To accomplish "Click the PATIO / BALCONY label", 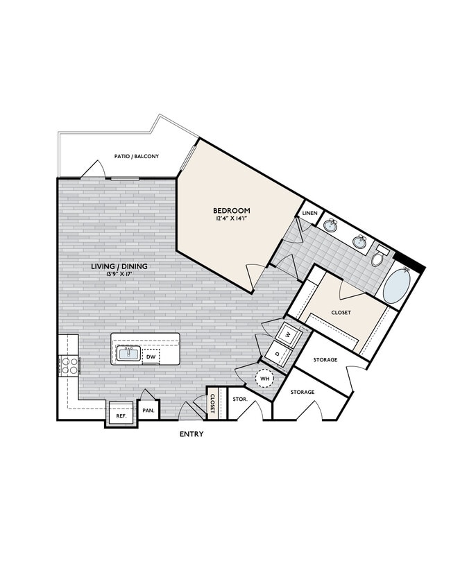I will click(x=137, y=157).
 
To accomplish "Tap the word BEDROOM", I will click(x=231, y=210).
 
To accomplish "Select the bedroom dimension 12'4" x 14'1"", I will click(x=231, y=219).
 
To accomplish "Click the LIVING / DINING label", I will click(x=119, y=266).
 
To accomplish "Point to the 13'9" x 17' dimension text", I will click(x=119, y=275).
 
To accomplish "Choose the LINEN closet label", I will click(x=309, y=214).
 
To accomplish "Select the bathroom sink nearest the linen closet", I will click(x=331, y=226).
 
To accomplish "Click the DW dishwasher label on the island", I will click(x=151, y=357).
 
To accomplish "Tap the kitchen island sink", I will click(x=128, y=354).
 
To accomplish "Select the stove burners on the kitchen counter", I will click(x=70, y=366).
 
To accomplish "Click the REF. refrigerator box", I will click(x=121, y=416).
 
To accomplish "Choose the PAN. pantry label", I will click(x=148, y=411).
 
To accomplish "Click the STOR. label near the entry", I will click(x=240, y=400).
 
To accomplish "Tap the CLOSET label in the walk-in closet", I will click(x=341, y=312).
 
